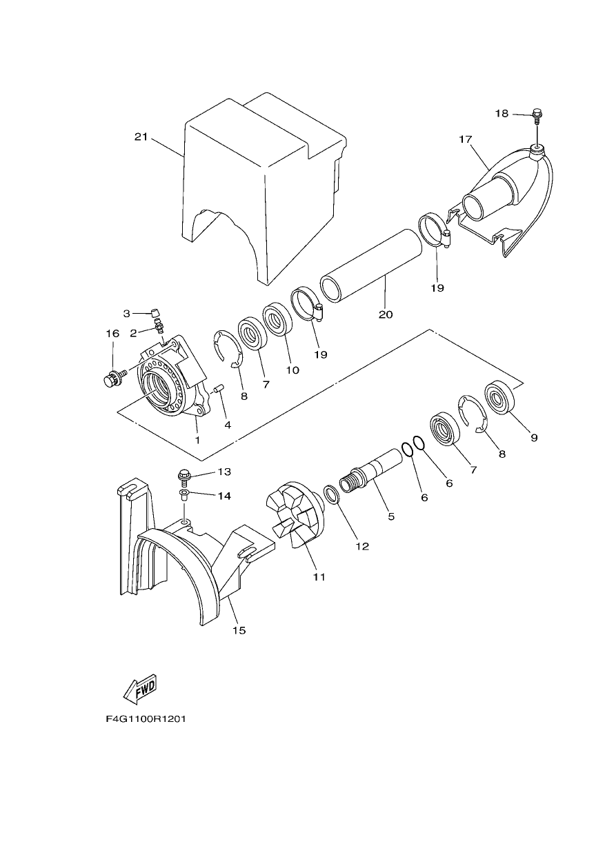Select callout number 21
(x=141, y=137)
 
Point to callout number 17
(x=466, y=139)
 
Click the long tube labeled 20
(x=371, y=265)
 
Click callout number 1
(x=197, y=440)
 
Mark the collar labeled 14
(x=184, y=495)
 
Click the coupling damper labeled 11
(x=296, y=519)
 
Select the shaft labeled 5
(x=371, y=470)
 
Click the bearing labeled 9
(x=499, y=397)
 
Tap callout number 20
(x=386, y=314)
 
